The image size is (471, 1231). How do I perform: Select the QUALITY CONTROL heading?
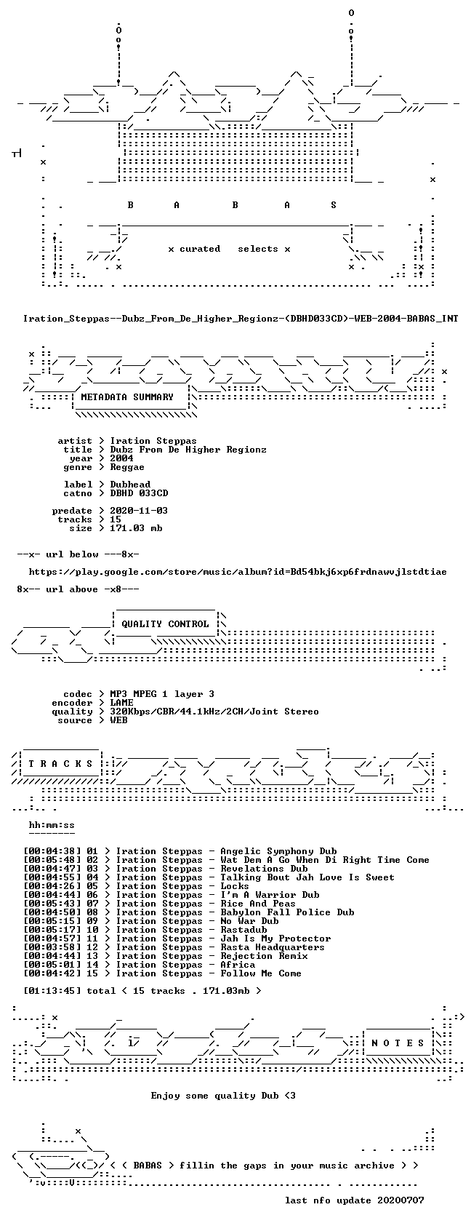(x=165, y=624)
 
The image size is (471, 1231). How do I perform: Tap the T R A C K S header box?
(x=60, y=764)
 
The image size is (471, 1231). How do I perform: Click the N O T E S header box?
(x=398, y=1043)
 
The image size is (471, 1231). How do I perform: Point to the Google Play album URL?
(x=238, y=572)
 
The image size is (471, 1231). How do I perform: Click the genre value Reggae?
(x=126, y=468)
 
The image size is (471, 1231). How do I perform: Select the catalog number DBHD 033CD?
(x=139, y=493)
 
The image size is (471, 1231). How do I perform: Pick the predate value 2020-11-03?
(x=139, y=511)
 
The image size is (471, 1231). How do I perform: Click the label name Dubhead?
(x=130, y=485)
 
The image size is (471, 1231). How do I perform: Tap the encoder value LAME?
(x=121, y=703)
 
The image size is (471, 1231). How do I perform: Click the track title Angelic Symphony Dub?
(x=279, y=851)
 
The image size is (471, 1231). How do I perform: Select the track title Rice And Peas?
(x=258, y=904)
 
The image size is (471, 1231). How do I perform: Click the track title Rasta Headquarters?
(x=273, y=947)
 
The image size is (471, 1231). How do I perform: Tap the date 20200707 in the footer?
(x=400, y=1200)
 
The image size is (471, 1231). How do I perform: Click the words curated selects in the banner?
(x=229, y=249)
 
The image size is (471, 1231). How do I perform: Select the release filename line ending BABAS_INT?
(x=241, y=319)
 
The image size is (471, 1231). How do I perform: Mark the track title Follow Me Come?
(x=261, y=973)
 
